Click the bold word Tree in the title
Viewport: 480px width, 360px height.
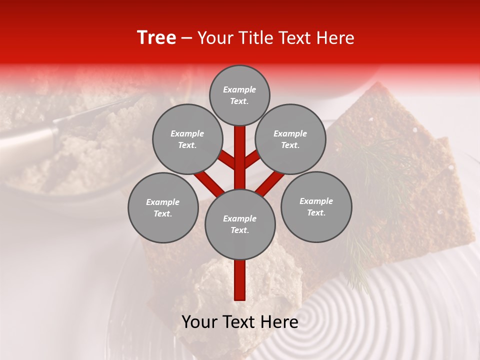click(x=156, y=37)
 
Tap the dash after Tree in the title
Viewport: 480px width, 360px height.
click(x=187, y=38)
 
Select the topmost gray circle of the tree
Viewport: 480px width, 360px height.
click(x=239, y=95)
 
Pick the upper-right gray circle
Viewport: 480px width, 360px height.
click(x=290, y=139)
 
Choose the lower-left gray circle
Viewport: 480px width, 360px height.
click(x=163, y=207)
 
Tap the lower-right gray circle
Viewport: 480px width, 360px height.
click(x=316, y=206)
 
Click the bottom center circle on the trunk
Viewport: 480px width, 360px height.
click(x=240, y=224)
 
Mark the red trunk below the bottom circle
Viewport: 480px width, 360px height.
click(x=240, y=280)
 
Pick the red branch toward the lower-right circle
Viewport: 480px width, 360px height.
click(x=270, y=183)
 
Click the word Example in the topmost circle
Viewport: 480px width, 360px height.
click(x=239, y=89)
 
